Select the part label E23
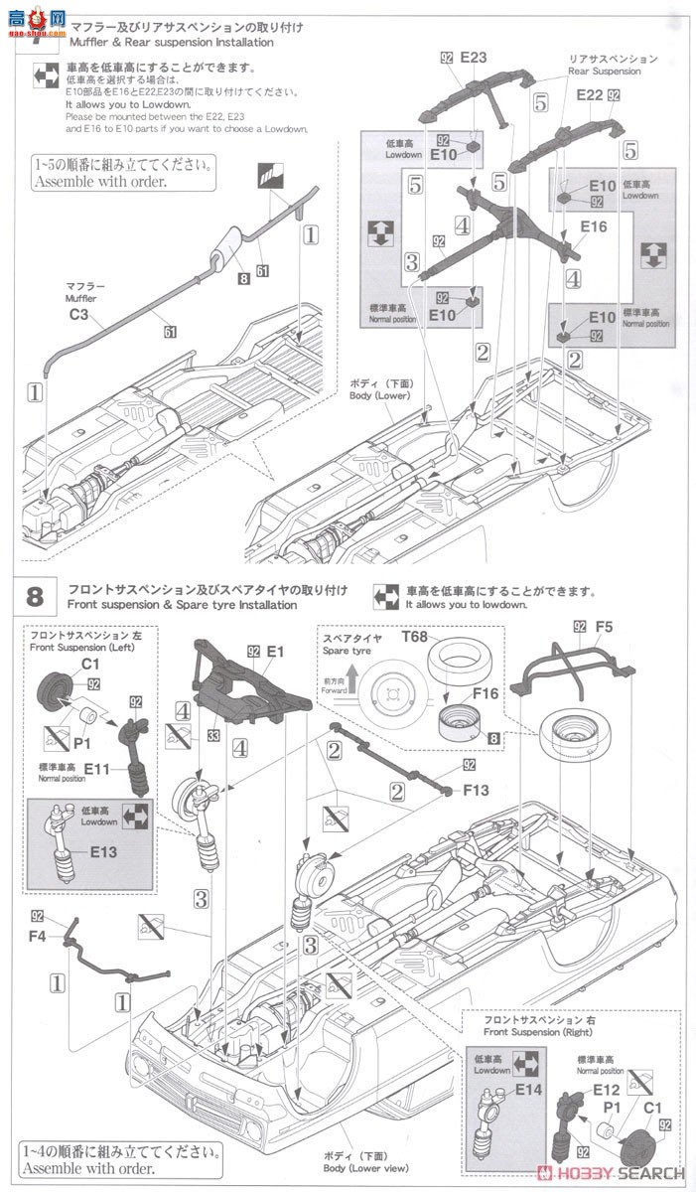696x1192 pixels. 473,58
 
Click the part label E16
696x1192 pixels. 593,227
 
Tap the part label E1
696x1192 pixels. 275,652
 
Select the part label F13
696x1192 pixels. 477,791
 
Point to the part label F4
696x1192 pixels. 37,935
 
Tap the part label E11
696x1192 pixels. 97,768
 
